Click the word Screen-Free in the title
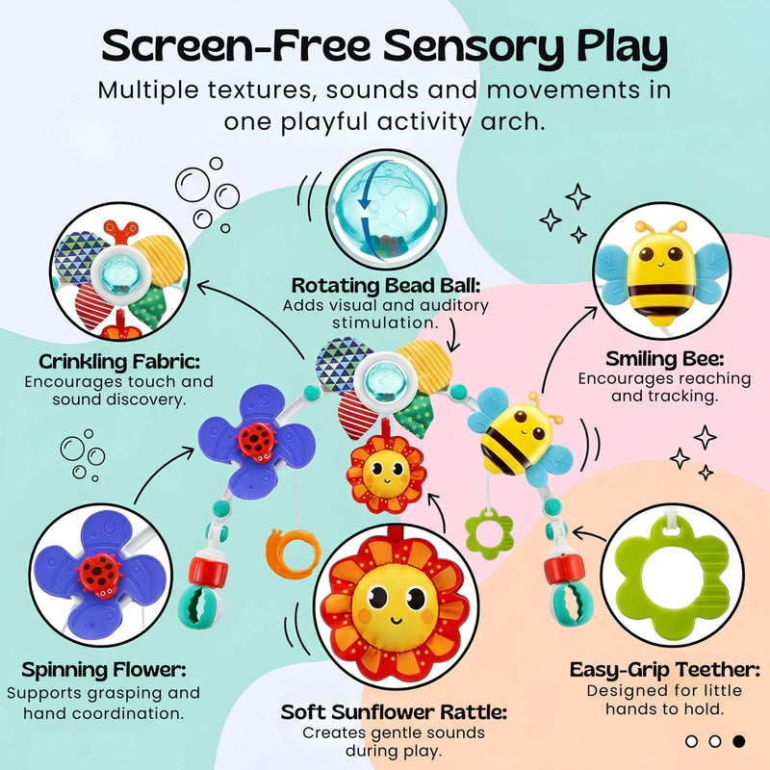pyautogui.click(x=236, y=45)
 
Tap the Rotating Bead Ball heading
pyautogui.click(x=386, y=285)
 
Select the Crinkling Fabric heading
pyautogui.click(x=119, y=362)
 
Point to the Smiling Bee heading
pyautogui.click(x=664, y=359)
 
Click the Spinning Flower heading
pyautogui.click(x=104, y=670)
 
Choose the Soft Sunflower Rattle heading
pyautogui.click(x=394, y=712)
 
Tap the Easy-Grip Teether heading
pyautogui.click(x=664, y=670)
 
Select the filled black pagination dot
pyautogui.click(x=738, y=741)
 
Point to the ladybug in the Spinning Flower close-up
pyautogui.click(x=100, y=576)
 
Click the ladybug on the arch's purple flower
pyautogui.click(x=256, y=442)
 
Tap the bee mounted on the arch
pyautogui.click(x=521, y=438)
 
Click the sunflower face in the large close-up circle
pyautogui.click(x=396, y=603)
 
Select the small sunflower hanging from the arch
pyautogui.click(x=387, y=474)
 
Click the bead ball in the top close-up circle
pyautogui.click(x=386, y=210)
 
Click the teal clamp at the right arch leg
pyautogui.click(x=571, y=605)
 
